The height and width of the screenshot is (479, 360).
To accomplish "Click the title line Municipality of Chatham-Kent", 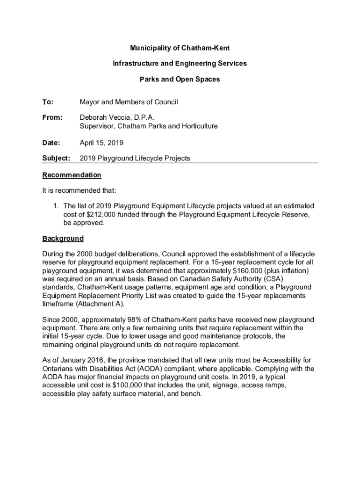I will click(180, 48).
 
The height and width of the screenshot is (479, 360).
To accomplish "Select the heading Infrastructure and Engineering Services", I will click(180, 63).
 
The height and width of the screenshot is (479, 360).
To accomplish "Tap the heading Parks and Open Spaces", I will click(180, 79).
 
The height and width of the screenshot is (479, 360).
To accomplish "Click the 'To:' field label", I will click(48, 102).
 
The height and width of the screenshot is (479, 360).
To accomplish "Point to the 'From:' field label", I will click(52, 117).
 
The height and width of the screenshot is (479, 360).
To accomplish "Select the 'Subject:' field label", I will click(56, 158).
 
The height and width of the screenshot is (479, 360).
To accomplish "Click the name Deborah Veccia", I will click(105, 117).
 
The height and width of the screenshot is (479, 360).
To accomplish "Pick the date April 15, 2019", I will click(101, 142).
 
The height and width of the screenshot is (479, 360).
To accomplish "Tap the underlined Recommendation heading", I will click(72, 175).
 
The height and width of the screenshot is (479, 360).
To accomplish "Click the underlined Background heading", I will click(63, 239).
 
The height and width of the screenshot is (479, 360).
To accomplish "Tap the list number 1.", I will click(55, 206).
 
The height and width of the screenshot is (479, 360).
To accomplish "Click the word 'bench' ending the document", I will click(191, 394).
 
